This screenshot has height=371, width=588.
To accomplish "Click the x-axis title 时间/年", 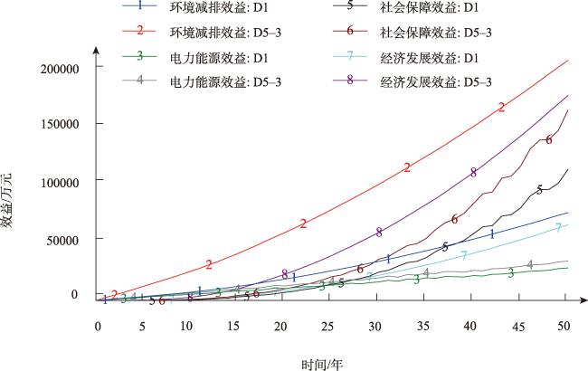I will (x=323, y=363).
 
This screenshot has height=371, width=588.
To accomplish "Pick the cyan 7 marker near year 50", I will (x=559, y=227).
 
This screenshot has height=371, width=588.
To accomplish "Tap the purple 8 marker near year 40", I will (x=473, y=172).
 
